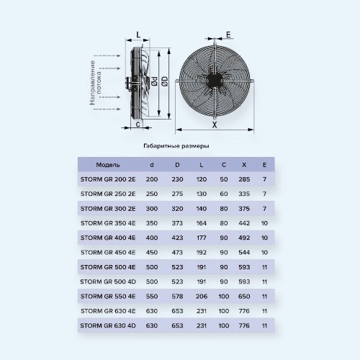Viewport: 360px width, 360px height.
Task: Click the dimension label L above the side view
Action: (138, 35)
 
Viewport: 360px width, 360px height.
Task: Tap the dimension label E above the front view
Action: (228, 35)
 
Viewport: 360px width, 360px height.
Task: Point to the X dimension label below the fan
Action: (215, 125)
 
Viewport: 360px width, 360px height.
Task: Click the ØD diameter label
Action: (165, 81)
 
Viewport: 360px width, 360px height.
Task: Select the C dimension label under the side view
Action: (138, 125)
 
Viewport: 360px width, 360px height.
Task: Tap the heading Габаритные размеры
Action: (176, 146)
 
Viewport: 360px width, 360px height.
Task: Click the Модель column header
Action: (108, 165)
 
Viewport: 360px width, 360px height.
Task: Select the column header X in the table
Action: (244, 165)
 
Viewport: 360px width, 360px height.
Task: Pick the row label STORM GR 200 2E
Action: (108, 179)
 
